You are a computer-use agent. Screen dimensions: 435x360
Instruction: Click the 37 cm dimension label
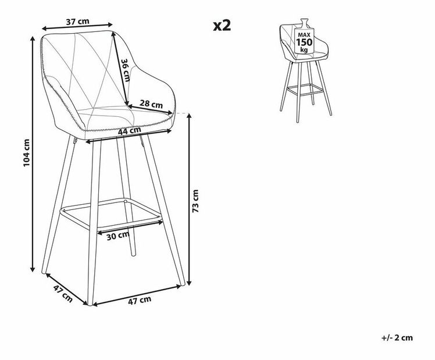(x=77, y=22)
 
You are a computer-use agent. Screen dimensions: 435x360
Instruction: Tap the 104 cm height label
(x=26, y=152)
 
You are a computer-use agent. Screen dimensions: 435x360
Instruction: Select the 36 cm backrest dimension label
(x=126, y=70)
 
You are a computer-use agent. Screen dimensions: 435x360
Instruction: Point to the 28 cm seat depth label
(x=151, y=104)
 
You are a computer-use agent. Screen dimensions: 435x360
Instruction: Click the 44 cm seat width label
(x=129, y=130)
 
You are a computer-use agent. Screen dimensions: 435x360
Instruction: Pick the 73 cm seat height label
(x=195, y=201)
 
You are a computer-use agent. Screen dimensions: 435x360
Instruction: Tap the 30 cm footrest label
(x=118, y=236)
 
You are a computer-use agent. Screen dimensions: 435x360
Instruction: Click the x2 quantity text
(x=222, y=26)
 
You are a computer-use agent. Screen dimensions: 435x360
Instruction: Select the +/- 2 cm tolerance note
(x=397, y=338)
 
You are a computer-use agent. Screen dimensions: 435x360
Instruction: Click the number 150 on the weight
(x=304, y=42)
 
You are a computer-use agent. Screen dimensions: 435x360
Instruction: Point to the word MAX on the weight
(x=304, y=35)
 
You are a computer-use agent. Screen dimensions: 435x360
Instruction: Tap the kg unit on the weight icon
(x=304, y=50)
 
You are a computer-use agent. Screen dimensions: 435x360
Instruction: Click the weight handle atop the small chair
(x=304, y=23)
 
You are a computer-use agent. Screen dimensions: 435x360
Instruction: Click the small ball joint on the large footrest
(x=126, y=201)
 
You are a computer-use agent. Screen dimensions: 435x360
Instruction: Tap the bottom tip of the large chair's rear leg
(x=134, y=254)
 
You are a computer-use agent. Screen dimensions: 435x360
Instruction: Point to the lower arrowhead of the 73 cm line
(x=189, y=282)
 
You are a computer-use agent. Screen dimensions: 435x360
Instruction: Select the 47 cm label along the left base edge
(x=63, y=293)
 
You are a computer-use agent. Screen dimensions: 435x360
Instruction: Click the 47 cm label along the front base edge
(x=140, y=300)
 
